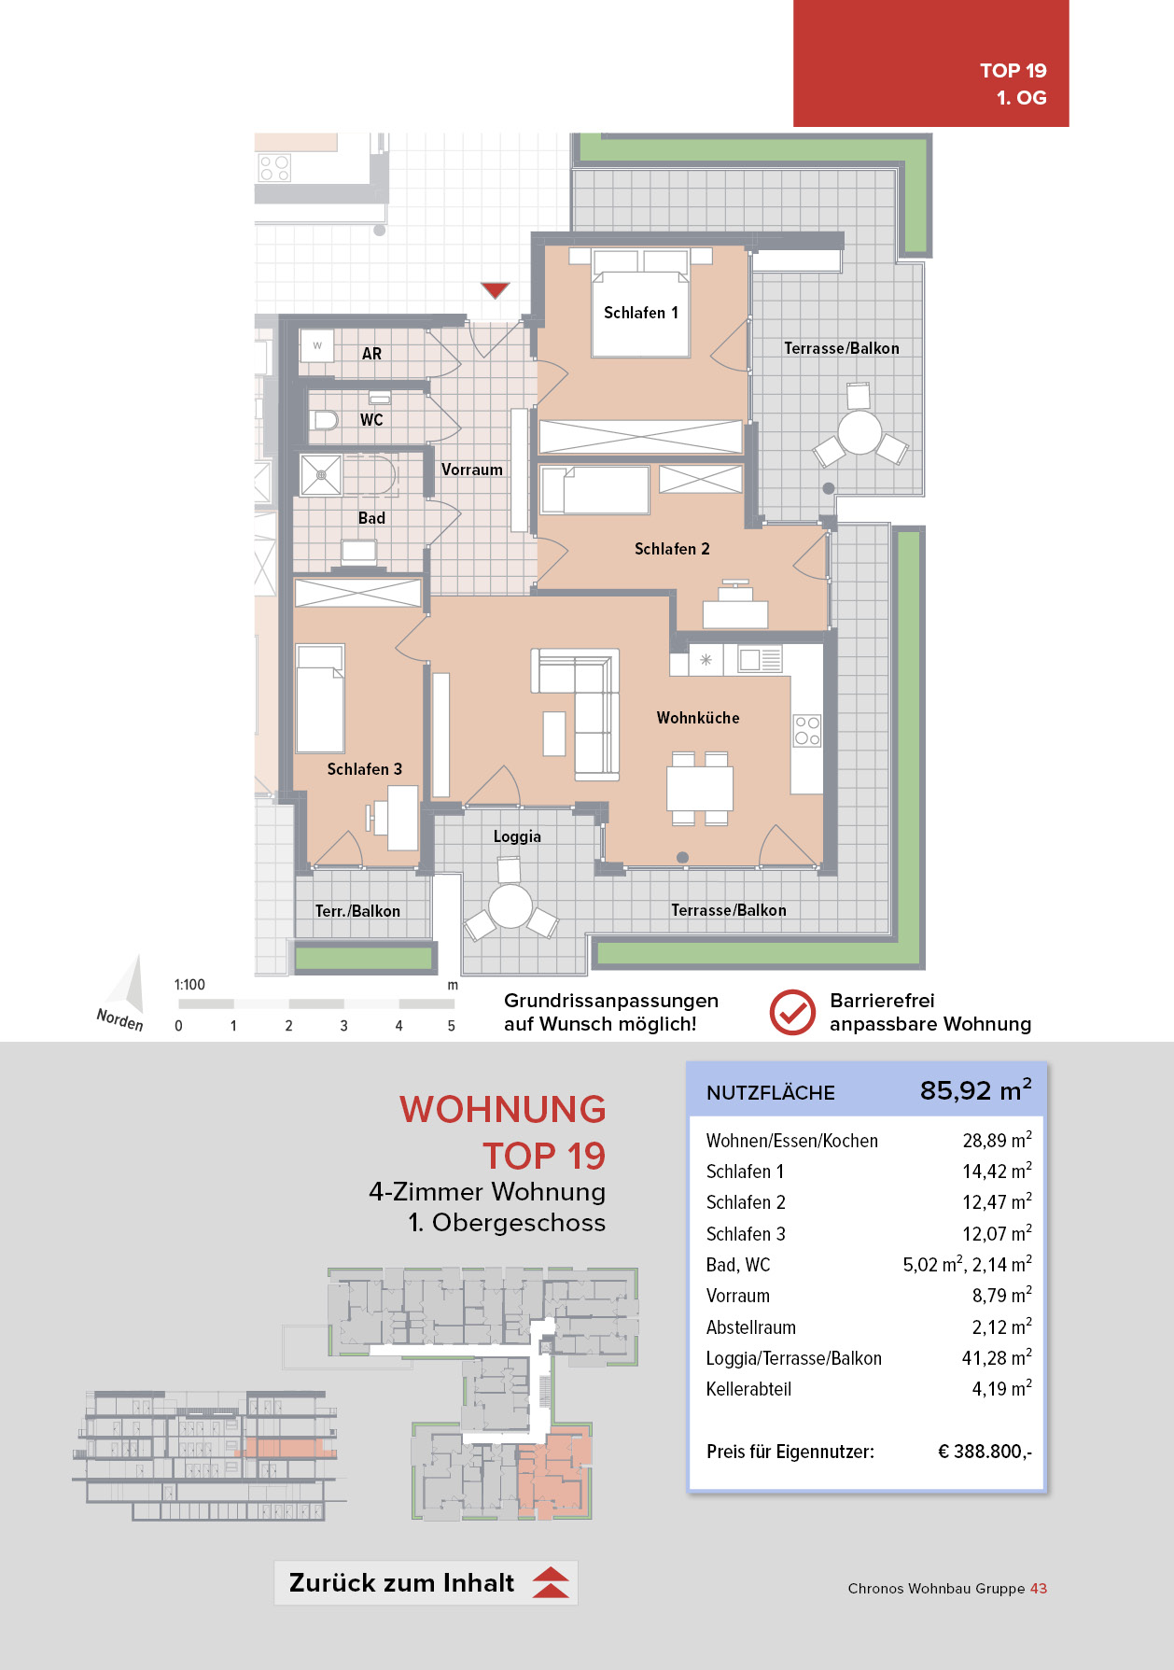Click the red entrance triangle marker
pyautogui.click(x=495, y=289)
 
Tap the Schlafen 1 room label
pyautogui.click(x=640, y=313)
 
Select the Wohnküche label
pyautogui.click(x=697, y=718)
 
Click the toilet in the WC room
pyautogui.click(x=323, y=420)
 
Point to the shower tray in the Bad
pyautogui.click(x=320, y=475)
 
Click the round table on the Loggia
pyautogui.click(x=510, y=905)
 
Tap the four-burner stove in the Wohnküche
pyautogui.click(x=806, y=730)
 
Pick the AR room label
pyautogui.click(x=371, y=354)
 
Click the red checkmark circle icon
pyautogui.click(x=792, y=1012)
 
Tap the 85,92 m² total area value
pyautogui.click(x=975, y=1090)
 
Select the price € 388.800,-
pyautogui.click(x=985, y=1452)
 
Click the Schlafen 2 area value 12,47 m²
pyautogui.click(x=996, y=1202)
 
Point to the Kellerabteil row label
pyautogui.click(x=748, y=1389)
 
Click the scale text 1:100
pyautogui.click(x=189, y=985)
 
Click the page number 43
pyautogui.click(x=1039, y=1588)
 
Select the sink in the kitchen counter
pyautogui.click(x=760, y=660)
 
